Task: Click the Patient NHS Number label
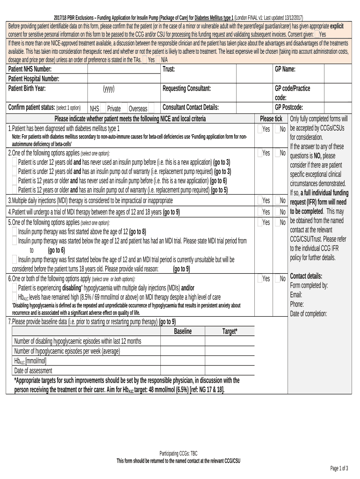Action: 30,69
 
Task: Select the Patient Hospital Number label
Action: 34,79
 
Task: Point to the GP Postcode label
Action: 288,107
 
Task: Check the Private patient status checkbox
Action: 124,108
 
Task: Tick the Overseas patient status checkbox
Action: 151,108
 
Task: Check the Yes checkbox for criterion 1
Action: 260,128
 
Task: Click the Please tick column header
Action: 271,118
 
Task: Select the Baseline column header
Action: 183,331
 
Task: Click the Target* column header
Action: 230,331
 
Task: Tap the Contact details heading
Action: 306,276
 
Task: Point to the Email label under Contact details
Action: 296,295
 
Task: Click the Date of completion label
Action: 309,313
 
